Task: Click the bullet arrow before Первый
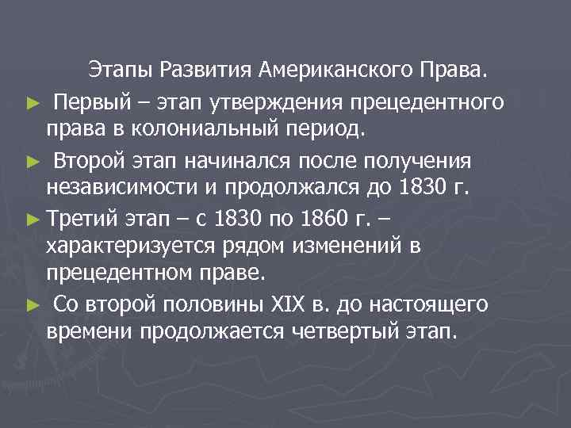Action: [x=31, y=103]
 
